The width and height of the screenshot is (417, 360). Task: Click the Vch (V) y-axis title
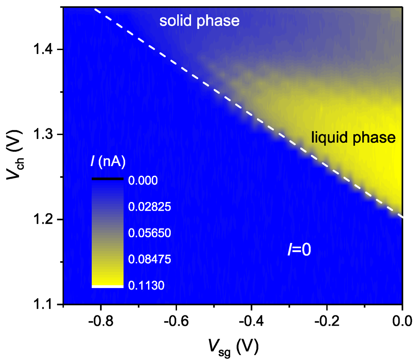[15, 155]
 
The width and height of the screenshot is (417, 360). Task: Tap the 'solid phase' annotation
[199, 21]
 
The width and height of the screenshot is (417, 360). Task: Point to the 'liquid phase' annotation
[353, 137]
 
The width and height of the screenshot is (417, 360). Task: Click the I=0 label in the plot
[299, 250]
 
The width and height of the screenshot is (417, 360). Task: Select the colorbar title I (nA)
[108, 162]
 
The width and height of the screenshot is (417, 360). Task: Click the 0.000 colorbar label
[143, 181]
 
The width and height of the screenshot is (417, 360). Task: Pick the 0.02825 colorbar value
[149, 207]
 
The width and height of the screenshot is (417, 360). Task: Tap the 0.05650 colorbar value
[149, 233]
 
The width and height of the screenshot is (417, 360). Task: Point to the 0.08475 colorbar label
[149, 259]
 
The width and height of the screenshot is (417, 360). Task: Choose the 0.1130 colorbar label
[146, 286]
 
